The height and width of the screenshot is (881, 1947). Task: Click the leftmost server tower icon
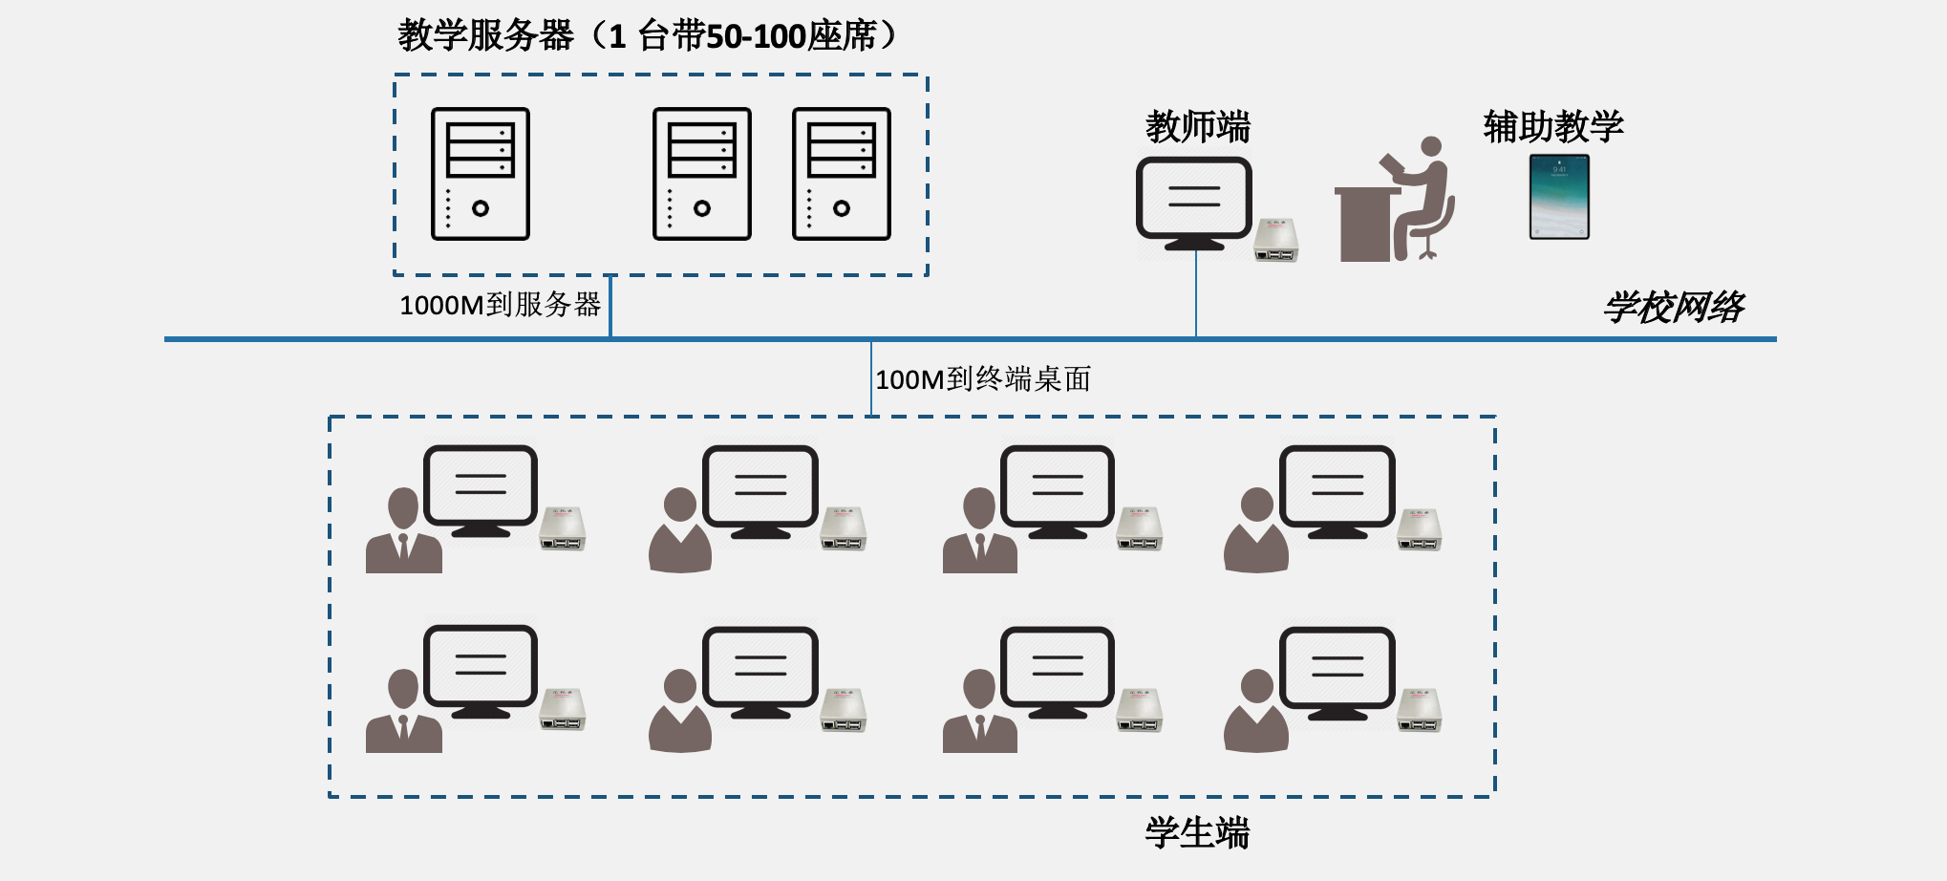click(x=480, y=174)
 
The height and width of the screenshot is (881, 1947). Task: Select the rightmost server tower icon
click(x=841, y=174)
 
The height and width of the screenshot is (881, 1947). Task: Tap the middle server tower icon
click(x=701, y=174)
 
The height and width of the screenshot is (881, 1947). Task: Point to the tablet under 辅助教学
click(x=1559, y=197)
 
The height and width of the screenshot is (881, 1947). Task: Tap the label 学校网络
click(x=1674, y=308)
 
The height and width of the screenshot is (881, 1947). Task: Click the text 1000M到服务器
click(x=500, y=306)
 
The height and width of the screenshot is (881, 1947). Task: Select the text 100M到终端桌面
click(x=983, y=379)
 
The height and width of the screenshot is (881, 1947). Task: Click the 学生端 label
click(x=1197, y=833)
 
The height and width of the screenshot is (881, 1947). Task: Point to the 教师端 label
click(x=1198, y=126)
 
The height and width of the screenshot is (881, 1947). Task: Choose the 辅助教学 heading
click(x=1553, y=126)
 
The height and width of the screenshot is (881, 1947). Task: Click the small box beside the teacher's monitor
click(x=1276, y=240)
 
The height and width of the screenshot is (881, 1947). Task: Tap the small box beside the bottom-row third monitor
click(x=1140, y=711)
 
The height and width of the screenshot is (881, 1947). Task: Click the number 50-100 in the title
click(x=756, y=36)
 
